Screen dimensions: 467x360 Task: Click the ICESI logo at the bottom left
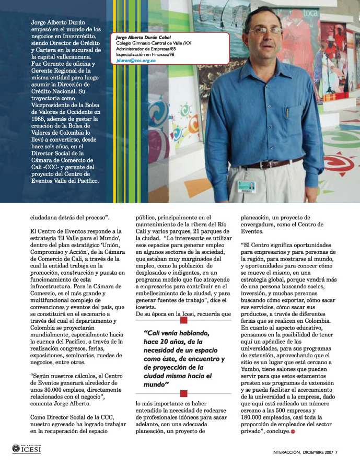pos(26,449)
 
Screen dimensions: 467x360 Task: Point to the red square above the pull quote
pos(183,320)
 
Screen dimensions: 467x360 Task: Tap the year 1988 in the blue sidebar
pos(27,119)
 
